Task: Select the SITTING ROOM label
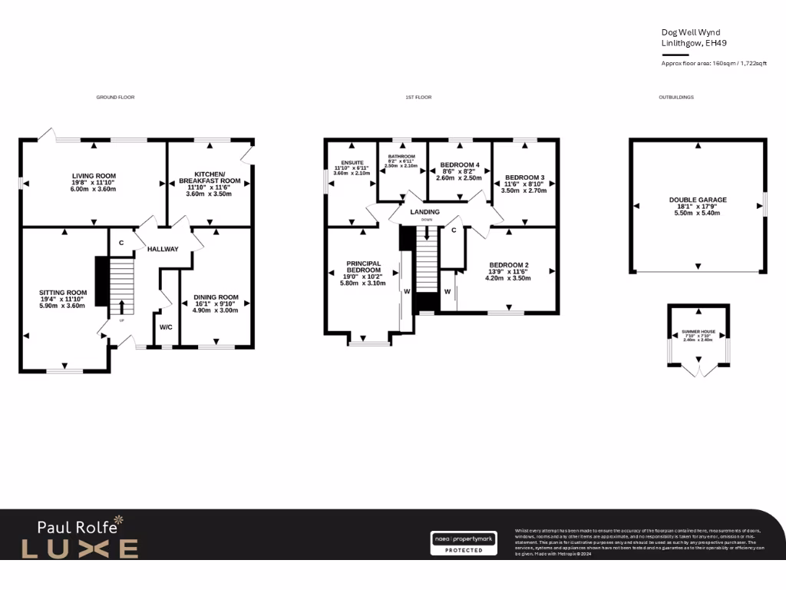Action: [x=63, y=293]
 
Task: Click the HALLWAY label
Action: [x=163, y=249]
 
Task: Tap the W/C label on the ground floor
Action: [x=166, y=326]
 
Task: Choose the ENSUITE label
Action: [x=352, y=162]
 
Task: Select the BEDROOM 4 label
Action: [x=459, y=165]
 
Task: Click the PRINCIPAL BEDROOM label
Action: [x=363, y=266]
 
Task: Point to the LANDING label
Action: [x=424, y=212]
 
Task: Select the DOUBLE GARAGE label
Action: [x=697, y=200]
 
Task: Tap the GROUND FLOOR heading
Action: [x=115, y=98]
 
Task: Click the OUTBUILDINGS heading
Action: [x=676, y=98]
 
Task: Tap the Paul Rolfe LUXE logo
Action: [x=80, y=539]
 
